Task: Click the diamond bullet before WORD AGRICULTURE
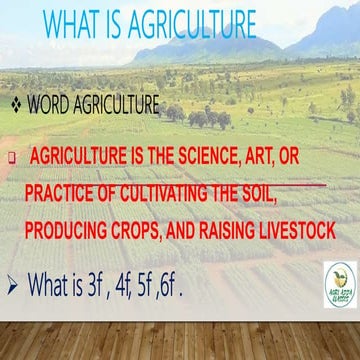(x=15, y=104)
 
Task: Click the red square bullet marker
(x=11, y=158)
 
